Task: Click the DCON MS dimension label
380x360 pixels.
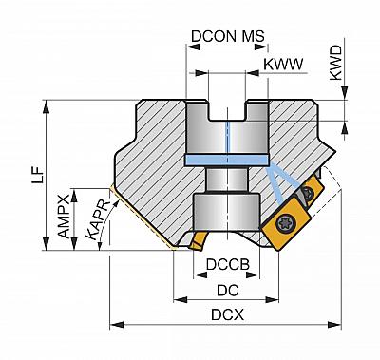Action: [x=228, y=36]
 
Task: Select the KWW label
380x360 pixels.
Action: [x=283, y=65]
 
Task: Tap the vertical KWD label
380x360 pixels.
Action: [x=336, y=63]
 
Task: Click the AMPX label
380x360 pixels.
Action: [x=64, y=217]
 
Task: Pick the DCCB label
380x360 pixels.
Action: [x=228, y=264]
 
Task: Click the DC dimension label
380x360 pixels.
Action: [x=227, y=290]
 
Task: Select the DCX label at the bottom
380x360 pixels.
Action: [x=227, y=315]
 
